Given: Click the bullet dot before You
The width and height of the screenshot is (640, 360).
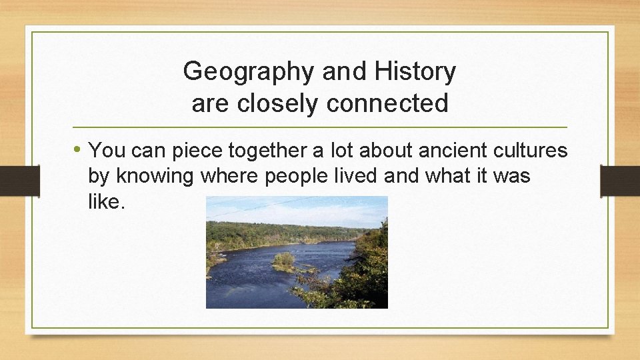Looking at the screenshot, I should click(79, 150).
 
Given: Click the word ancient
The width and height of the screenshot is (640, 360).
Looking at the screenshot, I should click(452, 151).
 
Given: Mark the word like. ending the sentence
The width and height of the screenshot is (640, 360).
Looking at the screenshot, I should click(106, 202).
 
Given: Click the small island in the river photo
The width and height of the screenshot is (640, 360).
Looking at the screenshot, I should click(284, 260).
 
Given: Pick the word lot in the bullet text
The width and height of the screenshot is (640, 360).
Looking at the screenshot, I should click(341, 151).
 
